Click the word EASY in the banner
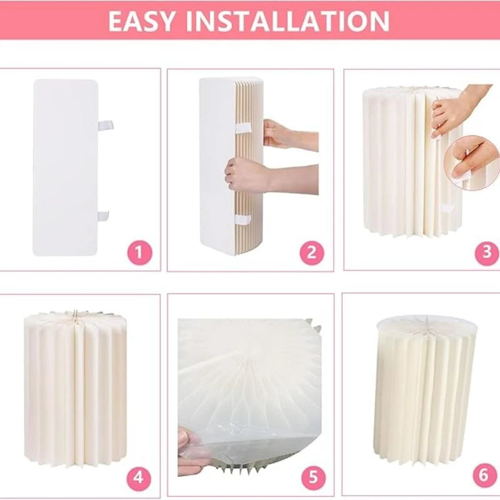pyautogui.click(x=142, y=21)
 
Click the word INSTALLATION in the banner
pyautogui.click(x=287, y=21)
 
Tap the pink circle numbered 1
pyautogui.click(x=140, y=253)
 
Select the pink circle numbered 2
pyautogui.click(x=312, y=253)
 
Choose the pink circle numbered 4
pyautogui.click(x=139, y=477)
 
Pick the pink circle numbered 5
pyautogui.click(x=314, y=477)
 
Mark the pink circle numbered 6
pyautogui.click(x=484, y=476)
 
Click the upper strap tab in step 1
pyautogui.click(x=105, y=126)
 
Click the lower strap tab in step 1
pyautogui.click(x=103, y=216)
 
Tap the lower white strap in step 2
pyautogui.click(x=243, y=220)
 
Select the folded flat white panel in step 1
pyautogui.click(x=65, y=167)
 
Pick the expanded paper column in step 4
pyautogui.click(x=75, y=388)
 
